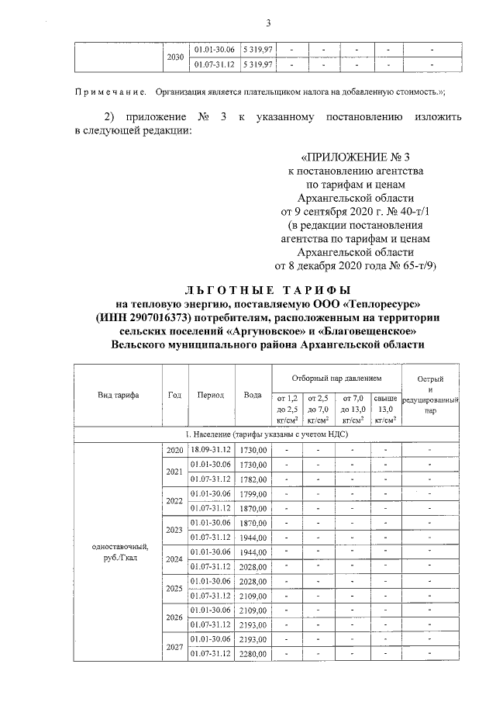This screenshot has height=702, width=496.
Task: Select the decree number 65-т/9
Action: pyautogui.click(x=416, y=265)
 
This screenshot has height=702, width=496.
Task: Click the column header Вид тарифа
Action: pyautogui.click(x=118, y=395)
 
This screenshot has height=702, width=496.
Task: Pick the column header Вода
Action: pyautogui.click(x=253, y=395)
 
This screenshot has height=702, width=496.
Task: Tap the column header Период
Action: pyautogui.click(x=210, y=395)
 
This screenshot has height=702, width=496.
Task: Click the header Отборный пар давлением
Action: pyautogui.click(x=336, y=378)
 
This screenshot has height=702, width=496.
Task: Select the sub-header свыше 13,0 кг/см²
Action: pyautogui.click(x=385, y=408)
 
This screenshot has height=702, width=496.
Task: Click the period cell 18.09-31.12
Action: pyautogui.click(x=212, y=449)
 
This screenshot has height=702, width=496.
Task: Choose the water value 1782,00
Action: pyautogui.click(x=253, y=479)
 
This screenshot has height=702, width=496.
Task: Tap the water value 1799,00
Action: pyautogui.click(x=253, y=493)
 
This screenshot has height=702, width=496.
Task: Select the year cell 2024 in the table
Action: pyautogui.click(x=174, y=558)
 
